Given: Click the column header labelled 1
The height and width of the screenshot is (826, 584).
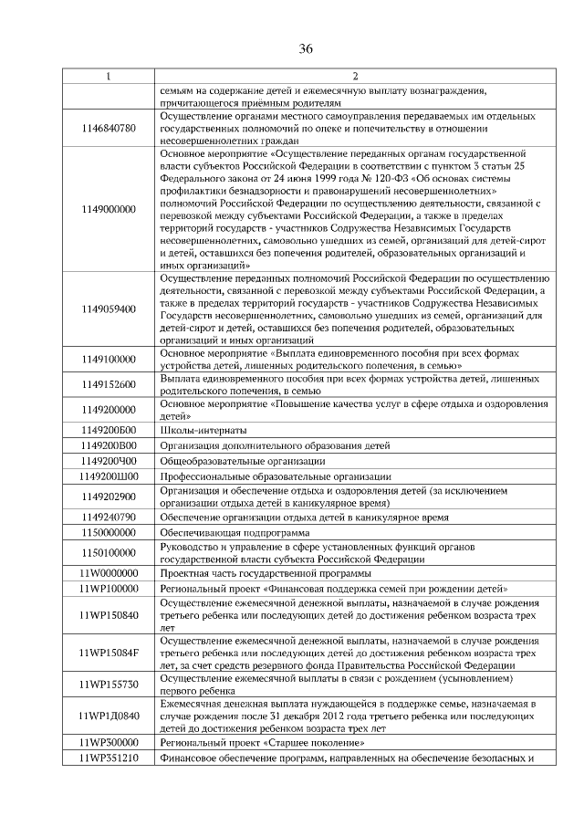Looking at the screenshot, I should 109,76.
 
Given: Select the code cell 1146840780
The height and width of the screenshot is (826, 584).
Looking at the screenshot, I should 109,129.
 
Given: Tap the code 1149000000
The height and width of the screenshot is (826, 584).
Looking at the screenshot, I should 109,209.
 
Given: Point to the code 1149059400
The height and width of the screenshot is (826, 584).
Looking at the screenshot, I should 109,308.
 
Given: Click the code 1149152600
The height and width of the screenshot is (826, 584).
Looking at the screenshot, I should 109,384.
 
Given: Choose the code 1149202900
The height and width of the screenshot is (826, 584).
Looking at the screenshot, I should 109,497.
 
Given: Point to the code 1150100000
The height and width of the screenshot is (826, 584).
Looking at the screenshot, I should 109,552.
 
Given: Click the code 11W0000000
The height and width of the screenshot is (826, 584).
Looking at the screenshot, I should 109,572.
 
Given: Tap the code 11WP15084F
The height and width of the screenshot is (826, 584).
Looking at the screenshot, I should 109,653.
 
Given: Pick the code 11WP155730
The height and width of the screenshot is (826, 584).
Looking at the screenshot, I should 109,684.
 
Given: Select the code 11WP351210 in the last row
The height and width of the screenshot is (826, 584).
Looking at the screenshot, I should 109,758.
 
